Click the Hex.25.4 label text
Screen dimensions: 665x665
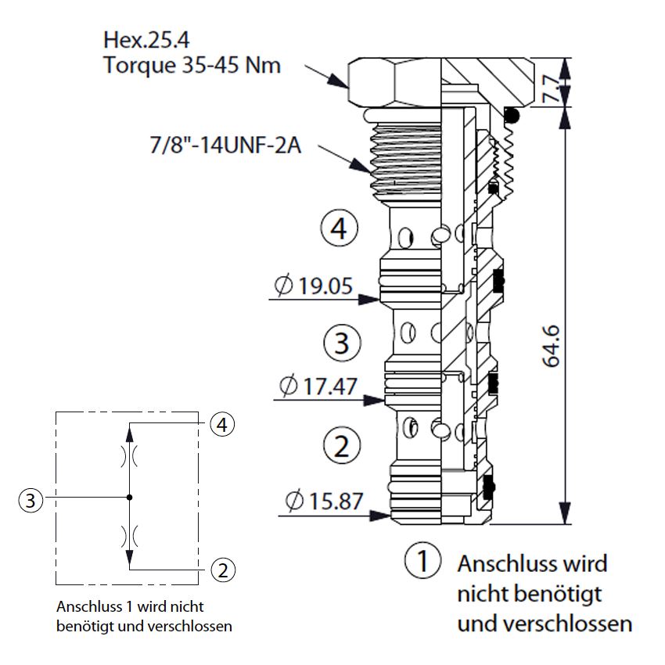(x=146, y=40)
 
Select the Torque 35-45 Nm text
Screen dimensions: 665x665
(x=192, y=65)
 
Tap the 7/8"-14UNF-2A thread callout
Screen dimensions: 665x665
(x=225, y=145)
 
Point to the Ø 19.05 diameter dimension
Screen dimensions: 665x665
(x=314, y=286)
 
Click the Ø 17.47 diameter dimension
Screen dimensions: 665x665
(x=318, y=386)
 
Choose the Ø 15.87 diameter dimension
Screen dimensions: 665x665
(x=325, y=501)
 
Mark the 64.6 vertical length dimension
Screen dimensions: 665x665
(x=552, y=346)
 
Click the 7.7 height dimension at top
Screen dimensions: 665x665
(x=552, y=88)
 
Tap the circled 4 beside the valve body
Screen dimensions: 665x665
(x=339, y=228)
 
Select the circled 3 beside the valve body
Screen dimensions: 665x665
(x=342, y=343)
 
